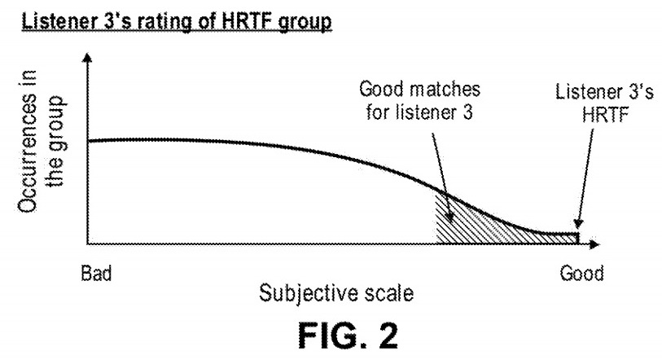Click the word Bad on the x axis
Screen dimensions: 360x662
(96, 273)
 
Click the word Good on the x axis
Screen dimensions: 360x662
(581, 273)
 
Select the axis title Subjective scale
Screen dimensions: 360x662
(335, 292)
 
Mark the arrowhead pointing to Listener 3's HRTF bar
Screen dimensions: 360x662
(577, 227)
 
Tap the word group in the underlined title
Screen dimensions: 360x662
(307, 20)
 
